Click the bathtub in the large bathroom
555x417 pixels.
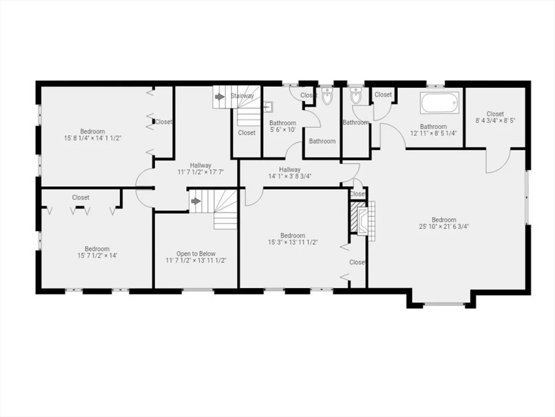[x=440, y=103]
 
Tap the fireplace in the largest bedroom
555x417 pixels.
[x=362, y=221]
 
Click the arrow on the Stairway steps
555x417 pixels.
[x=220, y=96]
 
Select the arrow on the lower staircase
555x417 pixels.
[x=195, y=201]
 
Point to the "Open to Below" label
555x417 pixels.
[x=195, y=254]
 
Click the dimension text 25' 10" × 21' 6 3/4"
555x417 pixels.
[x=444, y=226]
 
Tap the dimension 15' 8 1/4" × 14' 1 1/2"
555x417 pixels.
[x=92, y=138]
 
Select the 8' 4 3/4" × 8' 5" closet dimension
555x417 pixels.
[x=495, y=121]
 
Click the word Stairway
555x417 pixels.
[x=242, y=96]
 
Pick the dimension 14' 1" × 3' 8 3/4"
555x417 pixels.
[x=289, y=176]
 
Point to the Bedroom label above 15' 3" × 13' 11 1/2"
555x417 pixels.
[x=293, y=236]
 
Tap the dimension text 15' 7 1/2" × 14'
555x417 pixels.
[x=97, y=255]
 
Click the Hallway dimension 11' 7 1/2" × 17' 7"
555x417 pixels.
[x=201, y=172]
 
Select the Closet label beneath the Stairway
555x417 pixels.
[x=247, y=132]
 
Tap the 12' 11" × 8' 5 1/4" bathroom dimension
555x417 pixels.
[x=433, y=134]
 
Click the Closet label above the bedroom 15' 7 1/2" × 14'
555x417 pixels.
[x=81, y=198]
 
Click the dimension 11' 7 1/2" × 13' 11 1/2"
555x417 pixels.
[x=195, y=261]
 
